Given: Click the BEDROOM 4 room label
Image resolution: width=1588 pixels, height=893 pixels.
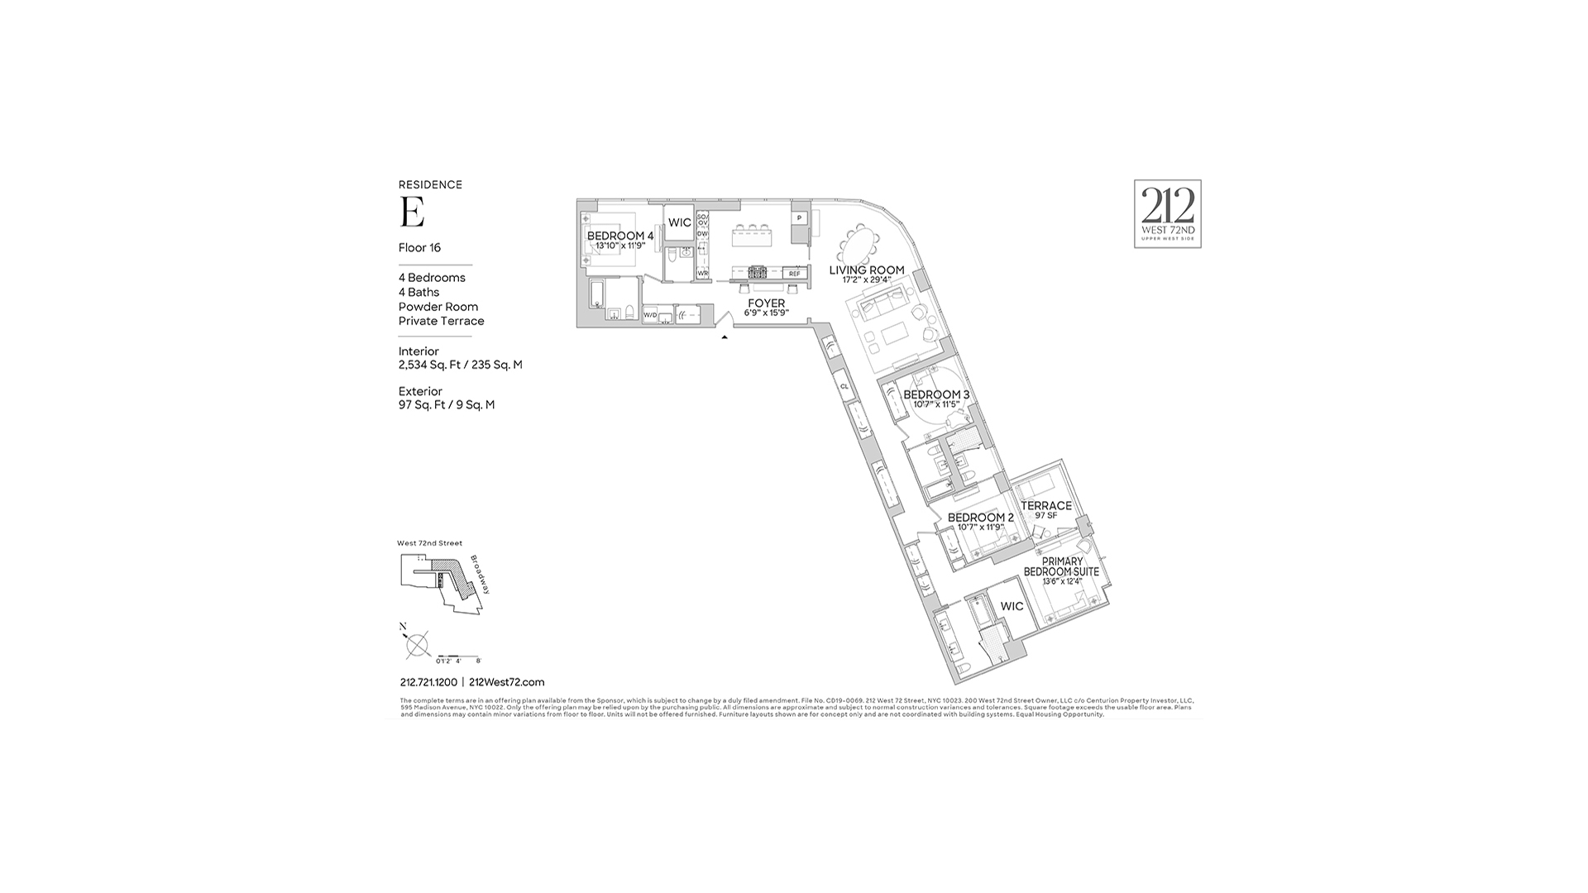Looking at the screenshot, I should point(619,236).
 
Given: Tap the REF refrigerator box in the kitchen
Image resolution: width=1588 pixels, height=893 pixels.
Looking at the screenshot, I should point(795,273).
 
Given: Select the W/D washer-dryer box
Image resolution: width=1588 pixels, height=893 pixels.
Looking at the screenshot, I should point(650,315).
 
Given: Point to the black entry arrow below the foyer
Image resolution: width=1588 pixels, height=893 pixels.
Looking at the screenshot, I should point(725,337).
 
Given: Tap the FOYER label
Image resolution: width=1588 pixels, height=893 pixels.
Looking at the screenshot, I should point(766,303).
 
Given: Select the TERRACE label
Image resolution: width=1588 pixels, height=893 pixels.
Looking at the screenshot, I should point(1045,505).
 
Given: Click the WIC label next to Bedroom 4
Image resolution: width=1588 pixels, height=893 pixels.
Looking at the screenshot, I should point(680,222).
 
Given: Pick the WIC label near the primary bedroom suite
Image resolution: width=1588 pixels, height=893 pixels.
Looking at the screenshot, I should point(1012,606).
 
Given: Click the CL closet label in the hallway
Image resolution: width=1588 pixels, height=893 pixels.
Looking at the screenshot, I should point(844,386).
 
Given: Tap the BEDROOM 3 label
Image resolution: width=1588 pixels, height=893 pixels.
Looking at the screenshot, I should point(936,394).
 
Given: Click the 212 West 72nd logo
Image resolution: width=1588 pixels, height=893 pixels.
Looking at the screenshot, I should point(1167,213).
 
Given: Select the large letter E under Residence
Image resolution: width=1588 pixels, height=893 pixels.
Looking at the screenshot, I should point(412,213).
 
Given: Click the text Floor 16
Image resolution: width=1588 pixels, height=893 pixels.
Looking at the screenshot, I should point(419,247).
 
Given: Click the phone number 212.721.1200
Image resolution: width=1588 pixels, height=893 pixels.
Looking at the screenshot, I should point(428,682).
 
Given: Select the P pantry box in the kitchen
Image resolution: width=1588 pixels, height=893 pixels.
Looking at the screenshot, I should point(799,218).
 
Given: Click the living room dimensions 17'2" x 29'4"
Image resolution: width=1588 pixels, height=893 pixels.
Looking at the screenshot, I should point(867,280).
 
